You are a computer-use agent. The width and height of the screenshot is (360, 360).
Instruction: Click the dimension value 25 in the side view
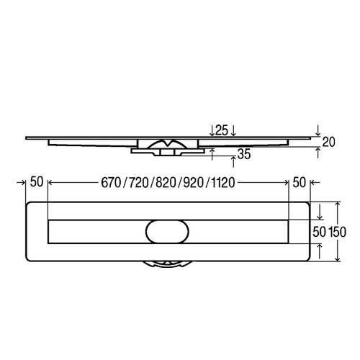coord(222,130)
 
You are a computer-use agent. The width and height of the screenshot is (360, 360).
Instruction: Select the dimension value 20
coord(328,142)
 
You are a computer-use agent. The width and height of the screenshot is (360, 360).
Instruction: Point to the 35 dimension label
coord(245,153)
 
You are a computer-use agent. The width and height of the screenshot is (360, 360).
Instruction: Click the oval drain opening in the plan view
coord(168,231)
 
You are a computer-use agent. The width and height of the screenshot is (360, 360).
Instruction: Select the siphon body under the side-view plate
coord(167,148)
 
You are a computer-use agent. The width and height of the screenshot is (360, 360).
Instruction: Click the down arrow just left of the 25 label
coord(210,130)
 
